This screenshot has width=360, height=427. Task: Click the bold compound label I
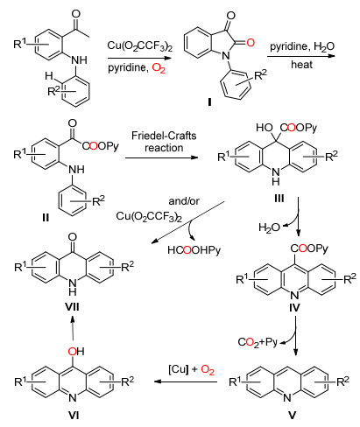(x=209, y=101)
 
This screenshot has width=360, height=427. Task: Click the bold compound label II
(x=46, y=218)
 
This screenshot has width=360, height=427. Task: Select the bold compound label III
(x=279, y=199)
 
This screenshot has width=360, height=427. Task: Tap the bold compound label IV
(x=294, y=307)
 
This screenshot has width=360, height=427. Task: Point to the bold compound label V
(x=292, y=415)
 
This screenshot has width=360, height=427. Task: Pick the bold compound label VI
(x=74, y=415)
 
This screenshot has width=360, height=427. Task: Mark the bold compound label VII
(x=72, y=306)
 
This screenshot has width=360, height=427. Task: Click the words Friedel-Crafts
(x=164, y=136)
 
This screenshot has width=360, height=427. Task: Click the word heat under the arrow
(x=301, y=65)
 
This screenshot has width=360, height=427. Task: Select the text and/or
(x=184, y=201)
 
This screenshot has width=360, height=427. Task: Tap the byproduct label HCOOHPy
(x=194, y=250)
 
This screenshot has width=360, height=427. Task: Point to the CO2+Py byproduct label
(x=258, y=342)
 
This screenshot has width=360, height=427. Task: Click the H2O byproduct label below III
(x=269, y=227)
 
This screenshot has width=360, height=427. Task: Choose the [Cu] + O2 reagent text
(x=191, y=370)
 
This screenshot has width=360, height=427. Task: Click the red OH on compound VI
(x=76, y=351)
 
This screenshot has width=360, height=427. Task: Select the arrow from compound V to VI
(x=186, y=381)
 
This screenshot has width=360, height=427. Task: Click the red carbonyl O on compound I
(x=251, y=43)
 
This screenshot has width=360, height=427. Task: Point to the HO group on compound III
(x=265, y=128)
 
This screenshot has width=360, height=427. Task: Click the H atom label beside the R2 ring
(x=49, y=76)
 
